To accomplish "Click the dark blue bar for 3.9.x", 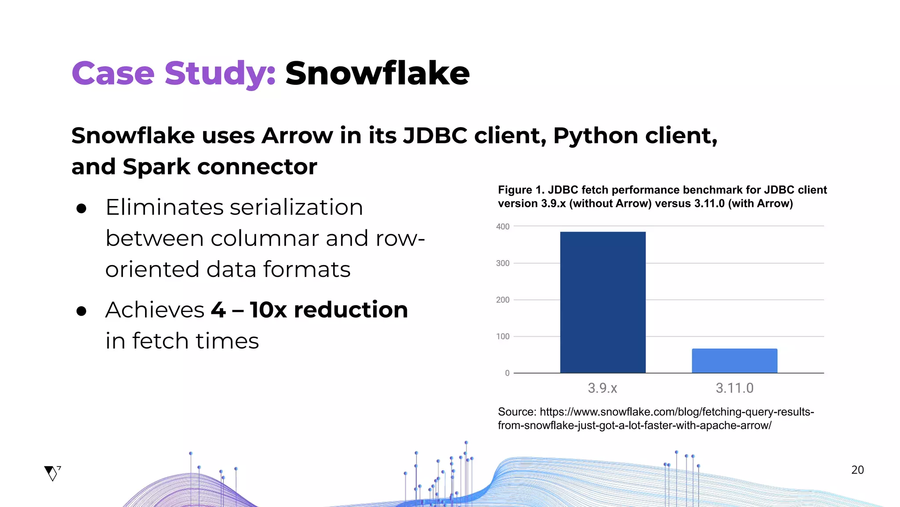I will tap(602, 302).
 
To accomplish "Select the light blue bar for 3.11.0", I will tap(734, 361).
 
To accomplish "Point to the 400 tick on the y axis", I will tap(503, 227).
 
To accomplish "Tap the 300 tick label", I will tap(503, 263).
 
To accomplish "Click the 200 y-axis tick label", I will tap(503, 300).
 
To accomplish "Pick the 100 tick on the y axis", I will tap(503, 336).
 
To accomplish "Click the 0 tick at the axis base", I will tap(507, 373).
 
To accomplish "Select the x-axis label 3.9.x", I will tap(602, 388).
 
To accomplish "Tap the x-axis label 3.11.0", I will tap(734, 388).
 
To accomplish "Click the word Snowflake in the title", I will tap(377, 73).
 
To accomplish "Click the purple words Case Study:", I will tap(174, 73).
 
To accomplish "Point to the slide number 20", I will tap(857, 470).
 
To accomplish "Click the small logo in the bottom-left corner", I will tap(52, 473).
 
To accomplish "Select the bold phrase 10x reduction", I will tap(329, 309).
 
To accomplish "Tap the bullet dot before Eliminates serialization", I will tap(81, 208).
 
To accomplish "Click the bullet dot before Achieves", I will tap(81, 311).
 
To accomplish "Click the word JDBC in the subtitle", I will tap(435, 136).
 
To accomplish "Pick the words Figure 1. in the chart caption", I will tap(521, 190).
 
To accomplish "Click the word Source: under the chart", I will tap(517, 412).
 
